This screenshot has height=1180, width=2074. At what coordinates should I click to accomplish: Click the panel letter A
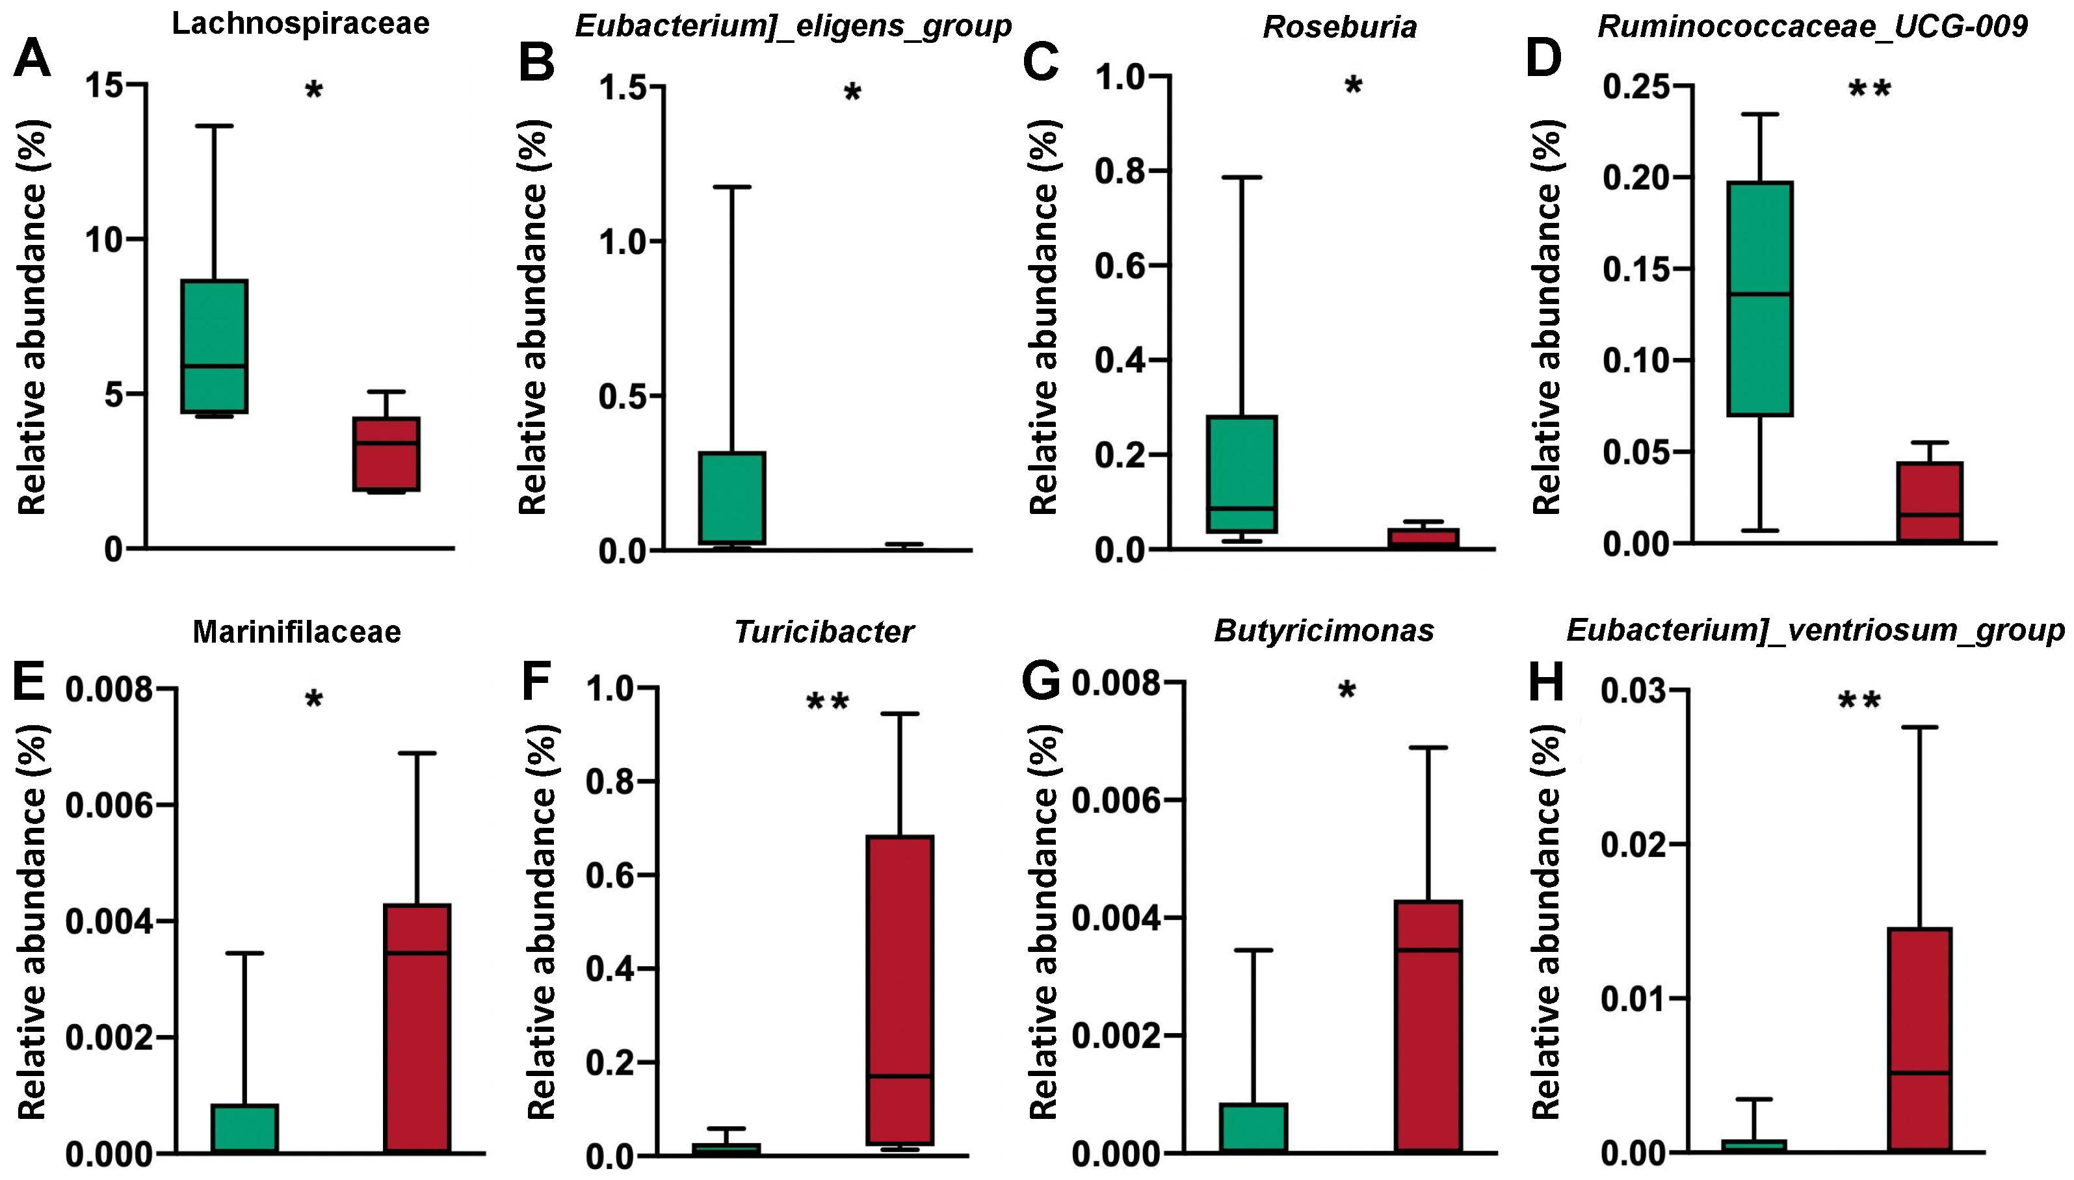(x=33, y=59)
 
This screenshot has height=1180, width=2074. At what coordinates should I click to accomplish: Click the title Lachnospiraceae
(x=300, y=23)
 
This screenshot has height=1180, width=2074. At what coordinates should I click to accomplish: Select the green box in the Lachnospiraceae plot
(x=214, y=346)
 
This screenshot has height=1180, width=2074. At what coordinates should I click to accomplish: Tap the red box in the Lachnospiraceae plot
(x=386, y=454)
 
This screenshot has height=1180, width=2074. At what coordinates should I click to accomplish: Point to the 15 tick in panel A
(x=109, y=84)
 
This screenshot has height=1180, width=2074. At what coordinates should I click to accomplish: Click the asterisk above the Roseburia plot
(x=1352, y=86)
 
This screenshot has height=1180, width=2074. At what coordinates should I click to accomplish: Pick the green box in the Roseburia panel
(x=1241, y=474)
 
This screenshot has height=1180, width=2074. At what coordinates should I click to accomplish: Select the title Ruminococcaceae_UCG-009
(x=1812, y=27)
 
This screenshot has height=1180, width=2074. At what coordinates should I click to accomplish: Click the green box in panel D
(x=1759, y=298)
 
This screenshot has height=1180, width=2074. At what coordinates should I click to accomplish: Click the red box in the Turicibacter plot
(x=900, y=990)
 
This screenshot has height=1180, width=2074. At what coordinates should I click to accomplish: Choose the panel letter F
(x=537, y=681)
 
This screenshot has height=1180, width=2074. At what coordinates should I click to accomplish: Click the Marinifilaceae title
(x=296, y=632)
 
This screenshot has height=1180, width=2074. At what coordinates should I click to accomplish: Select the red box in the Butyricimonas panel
(x=1428, y=1026)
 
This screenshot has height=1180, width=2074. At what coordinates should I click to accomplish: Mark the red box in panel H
(x=1919, y=1039)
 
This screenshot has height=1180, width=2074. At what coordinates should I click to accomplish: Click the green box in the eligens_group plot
(x=732, y=498)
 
